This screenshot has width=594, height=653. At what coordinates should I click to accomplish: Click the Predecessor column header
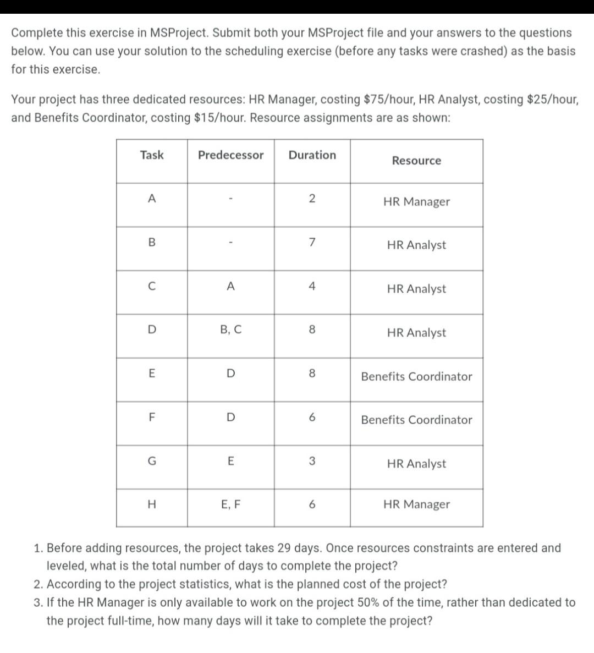(x=230, y=155)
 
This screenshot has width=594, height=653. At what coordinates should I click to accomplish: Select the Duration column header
(x=312, y=155)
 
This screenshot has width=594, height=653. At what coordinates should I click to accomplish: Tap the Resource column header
(x=416, y=161)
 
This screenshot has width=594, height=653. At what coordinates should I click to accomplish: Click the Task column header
(x=152, y=155)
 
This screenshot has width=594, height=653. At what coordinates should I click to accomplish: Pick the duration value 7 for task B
(x=312, y=242)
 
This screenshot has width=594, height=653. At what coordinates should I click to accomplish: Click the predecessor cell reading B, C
(x=230, y=330)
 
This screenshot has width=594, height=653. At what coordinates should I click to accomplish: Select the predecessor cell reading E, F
(x=230, y=504)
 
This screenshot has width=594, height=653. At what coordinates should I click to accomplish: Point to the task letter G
(x=152, y=461)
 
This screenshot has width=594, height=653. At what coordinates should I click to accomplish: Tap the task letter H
(x=152, y=504)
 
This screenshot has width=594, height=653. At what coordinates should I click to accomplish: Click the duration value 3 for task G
(x=312, y=461)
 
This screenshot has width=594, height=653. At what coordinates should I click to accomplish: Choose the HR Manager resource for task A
(x=416, y=202)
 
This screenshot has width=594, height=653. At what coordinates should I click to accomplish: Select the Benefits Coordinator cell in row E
(x=416, y=377)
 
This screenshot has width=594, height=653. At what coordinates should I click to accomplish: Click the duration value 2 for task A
(x=312, y=199)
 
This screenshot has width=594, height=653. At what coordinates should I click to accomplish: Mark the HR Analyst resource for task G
(x=416, y=464)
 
